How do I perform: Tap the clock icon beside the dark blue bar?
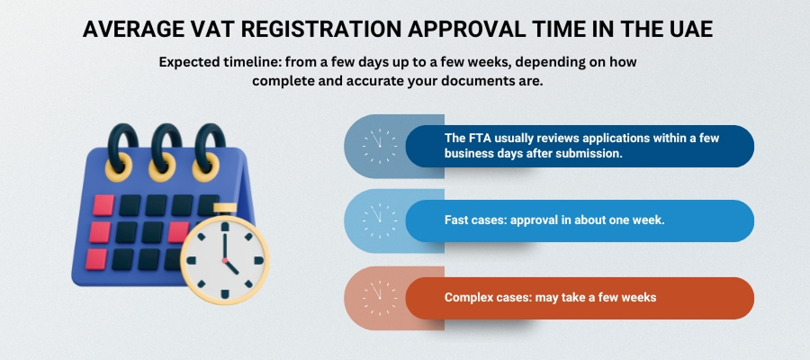click(379, 146)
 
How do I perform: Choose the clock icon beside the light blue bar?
click(379, 220)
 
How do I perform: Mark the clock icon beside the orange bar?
click(379, 298)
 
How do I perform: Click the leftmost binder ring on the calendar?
click(121, 148)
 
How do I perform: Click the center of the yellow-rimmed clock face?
click(224, 258)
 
